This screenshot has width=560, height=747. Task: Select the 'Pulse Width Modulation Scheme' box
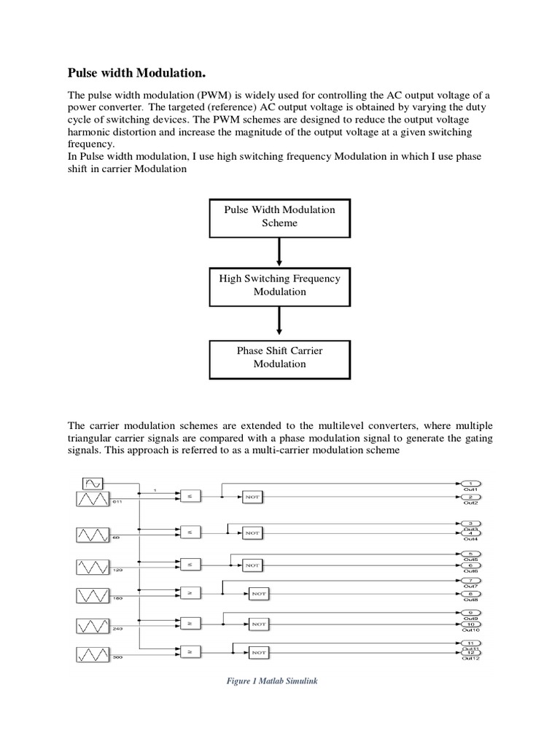point(279,216)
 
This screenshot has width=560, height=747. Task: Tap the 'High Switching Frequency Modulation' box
point(279,285)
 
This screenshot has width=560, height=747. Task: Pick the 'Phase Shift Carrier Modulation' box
point(279,357)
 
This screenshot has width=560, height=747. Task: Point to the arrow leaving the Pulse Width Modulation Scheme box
point(279,253)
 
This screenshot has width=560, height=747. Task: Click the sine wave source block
point(93,482)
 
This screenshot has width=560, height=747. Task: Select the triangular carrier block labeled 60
point(93,534)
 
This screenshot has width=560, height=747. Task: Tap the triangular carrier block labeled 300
point(93,651)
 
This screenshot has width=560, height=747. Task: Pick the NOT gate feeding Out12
point(258,651)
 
